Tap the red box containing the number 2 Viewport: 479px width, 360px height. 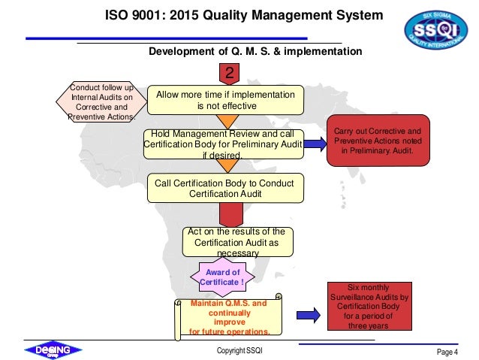[x=229, y=73]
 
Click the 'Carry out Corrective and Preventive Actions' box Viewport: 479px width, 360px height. [x=378, y=141]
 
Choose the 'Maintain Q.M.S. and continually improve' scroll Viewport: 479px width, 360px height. [x=227, y=316]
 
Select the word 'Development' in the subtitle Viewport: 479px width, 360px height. [x=183, y=51]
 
